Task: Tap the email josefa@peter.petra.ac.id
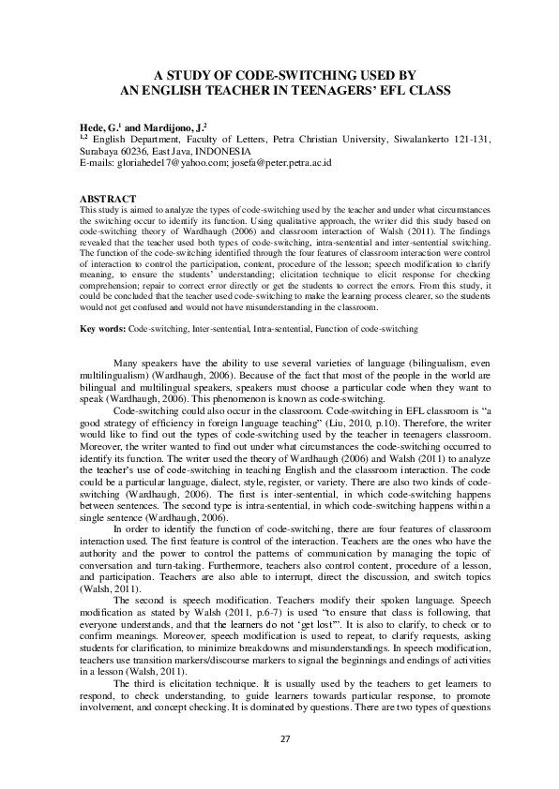281,162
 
